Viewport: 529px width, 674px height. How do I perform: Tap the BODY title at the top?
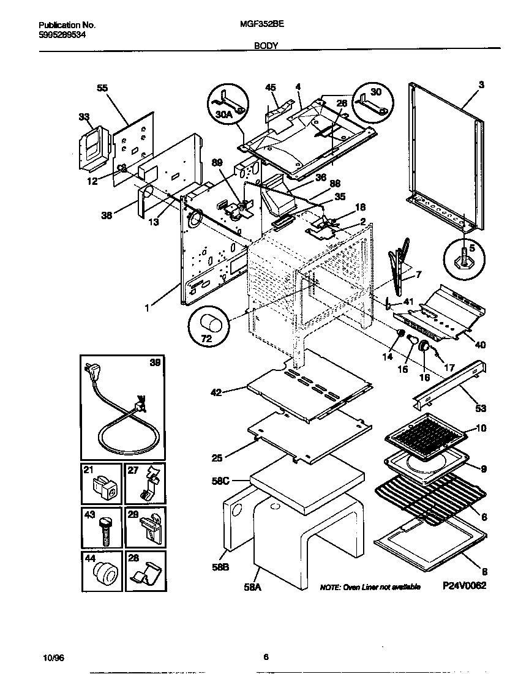click(x=264, y=45)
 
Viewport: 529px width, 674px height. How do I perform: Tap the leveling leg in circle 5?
click(x=465, y=254)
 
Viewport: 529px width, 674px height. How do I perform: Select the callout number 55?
click(x=102, y=88)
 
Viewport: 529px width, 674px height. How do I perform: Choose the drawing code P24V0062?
click(x=465, y=586)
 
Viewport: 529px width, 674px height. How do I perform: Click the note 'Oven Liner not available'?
click(x=370, y=587)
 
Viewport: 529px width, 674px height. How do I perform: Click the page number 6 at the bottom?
click(x=266, y=657)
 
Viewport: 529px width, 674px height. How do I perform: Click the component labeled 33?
click(x=92, y=147)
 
